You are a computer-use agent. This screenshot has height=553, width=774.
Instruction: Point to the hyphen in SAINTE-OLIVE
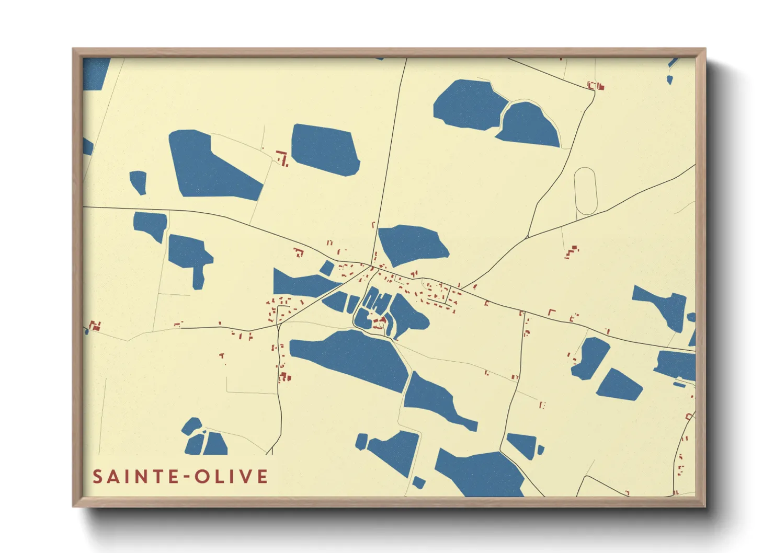[x=184, y=477]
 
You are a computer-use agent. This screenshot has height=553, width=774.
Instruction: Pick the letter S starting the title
[x=97, y=477]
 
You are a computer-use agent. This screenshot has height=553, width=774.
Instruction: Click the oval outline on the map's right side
[x=585, y=191]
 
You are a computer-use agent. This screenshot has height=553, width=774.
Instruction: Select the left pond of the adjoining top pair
[x=468, y=104]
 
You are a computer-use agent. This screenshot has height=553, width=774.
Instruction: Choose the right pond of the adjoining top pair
[x=529, y=125]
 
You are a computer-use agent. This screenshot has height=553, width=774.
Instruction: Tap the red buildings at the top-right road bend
[x=595, y=86]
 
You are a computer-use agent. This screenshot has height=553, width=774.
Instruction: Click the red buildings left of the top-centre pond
[x=282, y=157]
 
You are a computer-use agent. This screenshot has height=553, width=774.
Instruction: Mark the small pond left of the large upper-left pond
[x=138, y=181]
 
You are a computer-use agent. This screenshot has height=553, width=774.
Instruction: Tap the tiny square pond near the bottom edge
[x=418, y=482]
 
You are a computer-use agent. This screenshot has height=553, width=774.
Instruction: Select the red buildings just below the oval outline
[x=572, y=252]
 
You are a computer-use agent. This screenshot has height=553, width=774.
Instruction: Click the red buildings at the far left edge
[x=94, y=327]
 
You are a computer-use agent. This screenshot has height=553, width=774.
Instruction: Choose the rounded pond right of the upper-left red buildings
[x=325, y=150]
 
